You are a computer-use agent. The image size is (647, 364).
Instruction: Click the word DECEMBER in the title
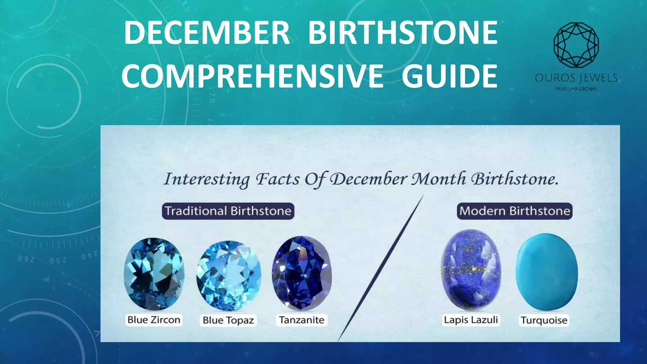[x=207, y=33]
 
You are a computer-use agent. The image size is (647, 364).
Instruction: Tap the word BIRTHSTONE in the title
[x=403, y=33]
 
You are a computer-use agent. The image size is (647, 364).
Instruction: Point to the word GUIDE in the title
[x=450, y=76]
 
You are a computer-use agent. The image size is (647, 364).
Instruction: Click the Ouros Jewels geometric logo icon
[x=576, y=45]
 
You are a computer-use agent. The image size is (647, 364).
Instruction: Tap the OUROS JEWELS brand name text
[x=576, y=78]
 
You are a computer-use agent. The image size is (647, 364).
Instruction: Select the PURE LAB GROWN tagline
[x=576, y=89]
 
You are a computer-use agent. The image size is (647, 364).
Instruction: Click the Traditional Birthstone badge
[x=228, y=211]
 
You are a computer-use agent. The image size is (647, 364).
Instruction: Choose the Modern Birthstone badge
[x=515, y=211]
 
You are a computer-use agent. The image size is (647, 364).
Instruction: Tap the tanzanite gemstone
[x=302, y=273]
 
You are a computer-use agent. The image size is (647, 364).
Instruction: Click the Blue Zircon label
[x=154, y=320]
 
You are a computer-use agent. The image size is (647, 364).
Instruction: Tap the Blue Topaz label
[x=228, y=320]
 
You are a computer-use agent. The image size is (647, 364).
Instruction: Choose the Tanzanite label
[x=302, y=320]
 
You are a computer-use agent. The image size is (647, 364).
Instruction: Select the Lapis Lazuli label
[x=471, y=320]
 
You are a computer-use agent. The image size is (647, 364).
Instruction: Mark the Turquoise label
[x=544, y=320]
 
